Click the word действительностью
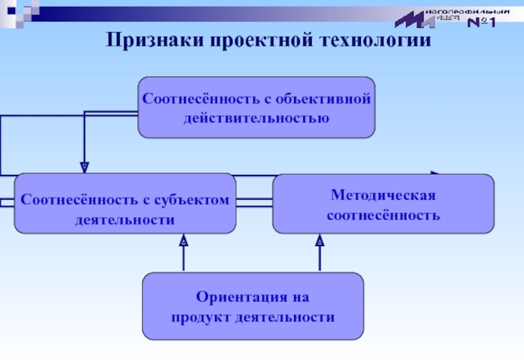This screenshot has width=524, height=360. click(x=256, y=118)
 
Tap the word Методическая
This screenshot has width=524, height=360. click(x=383, y=195)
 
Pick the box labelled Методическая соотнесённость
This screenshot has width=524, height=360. click(x=383, y=204)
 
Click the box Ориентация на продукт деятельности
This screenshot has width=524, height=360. click(x=252, y=307)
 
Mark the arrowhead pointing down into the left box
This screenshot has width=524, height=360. click(x=84, y=168)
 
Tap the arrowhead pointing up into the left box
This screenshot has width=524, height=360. click(x=184, y=241)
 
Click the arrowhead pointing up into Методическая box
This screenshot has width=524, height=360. click(x=320, y=241)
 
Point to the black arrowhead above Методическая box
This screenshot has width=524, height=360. click(x=434, y=173)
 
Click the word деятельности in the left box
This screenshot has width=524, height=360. click(x=124, y=219)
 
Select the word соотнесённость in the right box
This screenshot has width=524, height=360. click(x=383, y=215)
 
